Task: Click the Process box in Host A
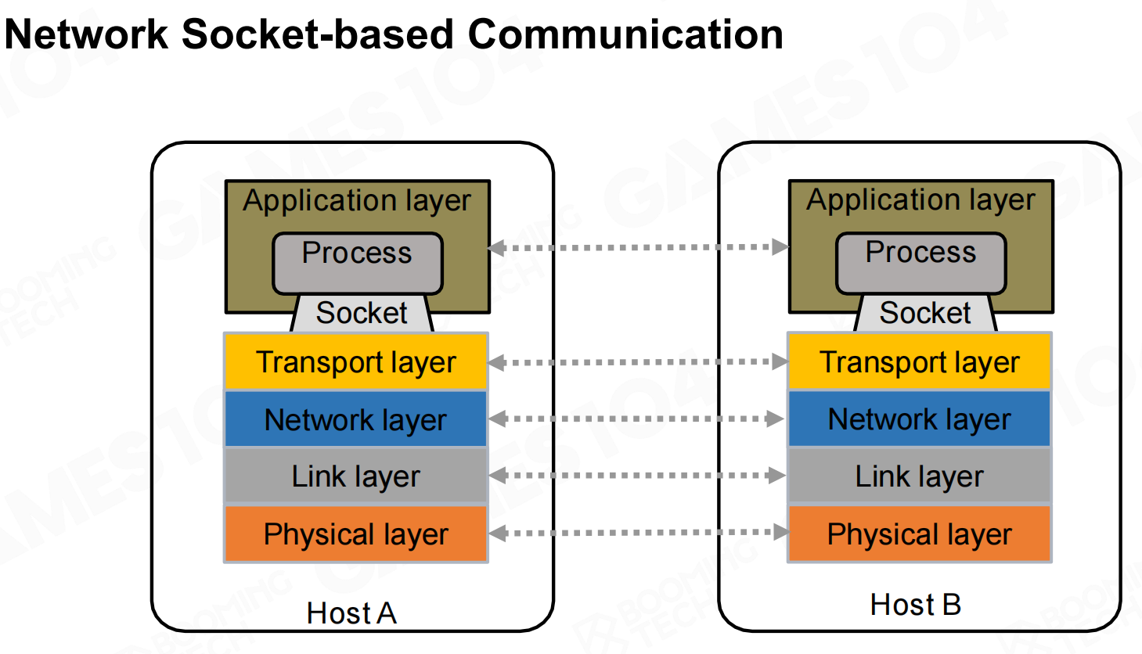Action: tap(357, 263)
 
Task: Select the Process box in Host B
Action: tap(920, 263)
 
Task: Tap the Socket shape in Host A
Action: tap(362, 314)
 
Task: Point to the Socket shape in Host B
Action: tap(925, 314)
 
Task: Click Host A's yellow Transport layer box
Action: tap(356, 362)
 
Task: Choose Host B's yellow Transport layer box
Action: tap(920, 362)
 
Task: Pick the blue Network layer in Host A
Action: tap(356, 419)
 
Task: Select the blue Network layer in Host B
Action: tap(920, 419)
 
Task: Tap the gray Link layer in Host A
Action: tap(356, 476)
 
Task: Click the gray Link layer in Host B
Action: tap(920, 476)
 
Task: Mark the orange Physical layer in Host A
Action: tap(356, 534)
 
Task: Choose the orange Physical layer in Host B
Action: tap(920, 534)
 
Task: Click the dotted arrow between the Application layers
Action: tap(638, 248)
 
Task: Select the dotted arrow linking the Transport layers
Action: tap(638, 362)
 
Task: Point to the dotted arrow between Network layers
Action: tap(638, 419)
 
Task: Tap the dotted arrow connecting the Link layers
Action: tap(638, 475)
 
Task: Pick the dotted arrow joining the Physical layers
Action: tap(638, 533)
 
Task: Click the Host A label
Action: tap(351, 613)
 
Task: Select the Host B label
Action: tap(915, 605)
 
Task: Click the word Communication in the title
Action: tap(625, 34)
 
